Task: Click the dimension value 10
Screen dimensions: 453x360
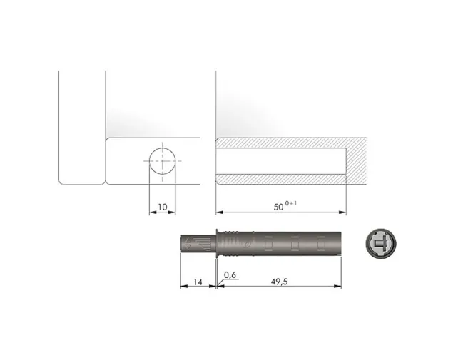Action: [163, 207]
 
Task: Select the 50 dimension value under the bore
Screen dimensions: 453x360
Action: [278, 207]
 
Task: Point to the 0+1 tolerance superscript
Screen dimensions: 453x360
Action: [290, 203]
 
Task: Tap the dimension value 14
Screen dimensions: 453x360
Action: [198, 282]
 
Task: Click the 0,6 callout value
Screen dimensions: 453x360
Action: [230, 275]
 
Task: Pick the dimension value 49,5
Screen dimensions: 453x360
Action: [279, 282]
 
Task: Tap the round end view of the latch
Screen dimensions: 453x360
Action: [380, 243]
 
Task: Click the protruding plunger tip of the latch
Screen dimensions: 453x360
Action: [198, 243]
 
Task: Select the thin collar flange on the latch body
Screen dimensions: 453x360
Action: [217, 243]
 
